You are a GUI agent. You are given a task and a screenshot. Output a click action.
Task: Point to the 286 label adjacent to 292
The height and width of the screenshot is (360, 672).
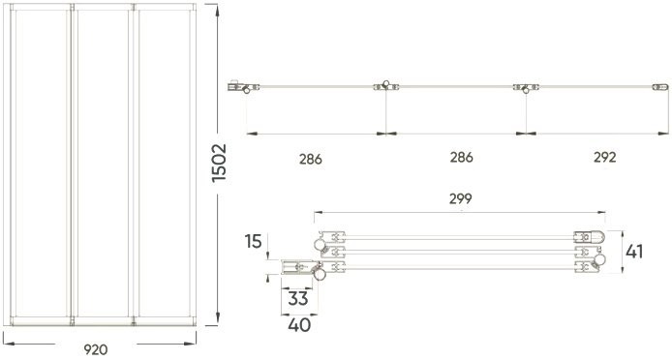coord(460,157)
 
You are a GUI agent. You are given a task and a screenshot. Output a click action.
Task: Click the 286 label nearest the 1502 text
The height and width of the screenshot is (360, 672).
coord(310,157)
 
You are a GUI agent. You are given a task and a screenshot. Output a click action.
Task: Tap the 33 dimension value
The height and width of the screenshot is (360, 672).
coord(297,300)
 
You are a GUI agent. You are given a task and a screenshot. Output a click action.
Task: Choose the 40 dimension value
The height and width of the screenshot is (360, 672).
coord(299,326)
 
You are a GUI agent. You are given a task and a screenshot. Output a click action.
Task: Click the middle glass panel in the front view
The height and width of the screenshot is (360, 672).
coord(100,165)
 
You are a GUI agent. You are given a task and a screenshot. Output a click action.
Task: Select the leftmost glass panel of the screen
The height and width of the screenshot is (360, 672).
coord(38,165)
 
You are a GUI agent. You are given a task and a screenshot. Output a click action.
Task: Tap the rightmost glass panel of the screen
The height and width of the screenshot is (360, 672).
coord(162,165)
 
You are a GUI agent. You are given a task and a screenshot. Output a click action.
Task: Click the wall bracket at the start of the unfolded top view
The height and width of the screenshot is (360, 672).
coord(238,88)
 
